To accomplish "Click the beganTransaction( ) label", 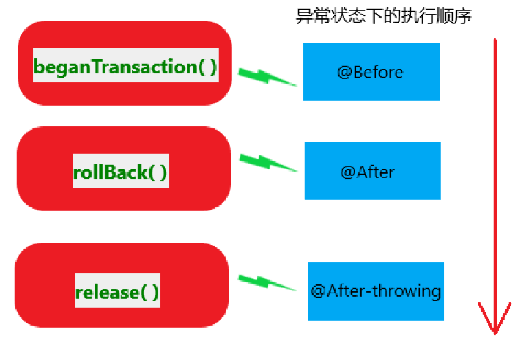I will coord(125,67).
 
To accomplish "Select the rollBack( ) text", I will coord(121,172).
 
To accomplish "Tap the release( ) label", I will coord(117,292).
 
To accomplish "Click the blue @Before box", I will coord(371,72).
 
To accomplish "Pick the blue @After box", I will coord(372,171).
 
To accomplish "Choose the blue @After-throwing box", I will coord(375,291).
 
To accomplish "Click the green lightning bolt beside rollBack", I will coord(268,163).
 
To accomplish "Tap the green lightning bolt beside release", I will coord(267,282).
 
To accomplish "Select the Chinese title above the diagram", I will coord(382,16).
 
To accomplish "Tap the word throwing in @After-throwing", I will coord(407,291).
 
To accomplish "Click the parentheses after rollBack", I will coord(158,172).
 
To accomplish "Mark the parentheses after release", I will coord(149,292).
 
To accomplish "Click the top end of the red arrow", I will coord(496,41).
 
